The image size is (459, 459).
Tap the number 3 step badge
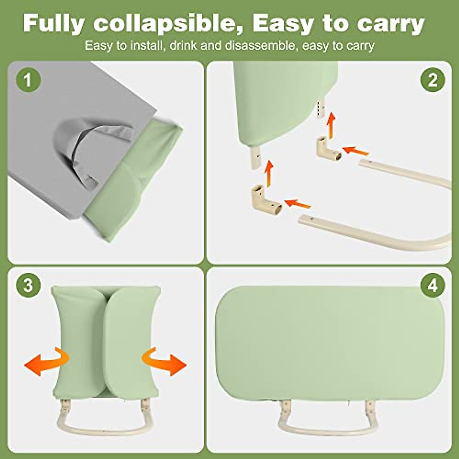coord(28,285)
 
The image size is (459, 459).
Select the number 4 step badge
coord(432,285)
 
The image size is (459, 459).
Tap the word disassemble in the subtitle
coord(261,46)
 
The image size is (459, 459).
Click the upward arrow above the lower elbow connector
coord(270,173)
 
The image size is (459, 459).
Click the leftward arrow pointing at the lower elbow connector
coord(298,203)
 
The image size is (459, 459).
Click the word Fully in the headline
coord(54,24)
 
